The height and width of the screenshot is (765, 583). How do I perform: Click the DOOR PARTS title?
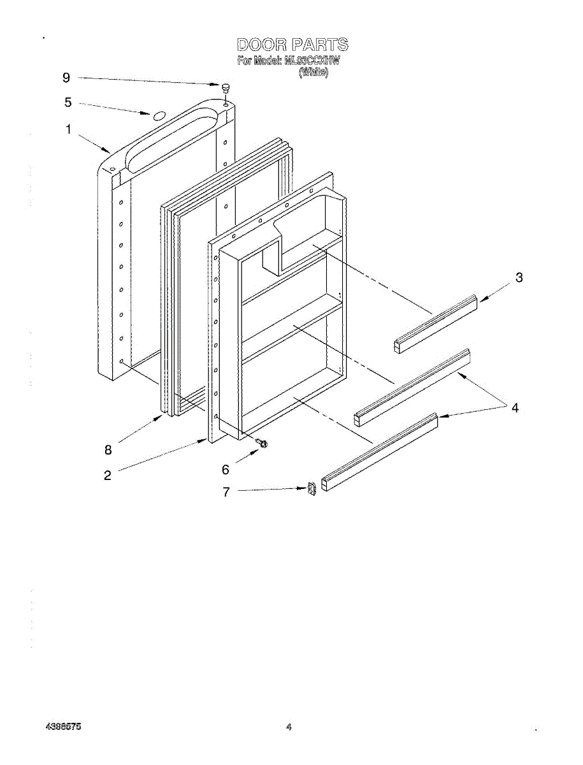(292, 45)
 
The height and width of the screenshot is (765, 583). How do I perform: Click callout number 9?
(66, 78)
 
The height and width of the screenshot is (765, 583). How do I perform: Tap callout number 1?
(68, 129)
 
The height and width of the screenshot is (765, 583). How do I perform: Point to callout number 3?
(519, 277)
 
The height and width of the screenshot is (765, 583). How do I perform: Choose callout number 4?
(515, 408)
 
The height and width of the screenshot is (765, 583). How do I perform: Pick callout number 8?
(108, 449)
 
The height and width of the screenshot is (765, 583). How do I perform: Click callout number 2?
(108, 475)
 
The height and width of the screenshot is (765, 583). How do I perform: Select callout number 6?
(225, 470)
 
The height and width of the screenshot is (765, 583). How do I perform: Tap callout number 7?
(226, 492)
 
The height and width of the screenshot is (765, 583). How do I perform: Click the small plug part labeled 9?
(226, 88)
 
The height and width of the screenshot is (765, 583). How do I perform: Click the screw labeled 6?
(261, 443)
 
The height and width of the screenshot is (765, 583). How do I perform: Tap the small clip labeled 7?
(312, 489)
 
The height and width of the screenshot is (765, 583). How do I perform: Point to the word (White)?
(313, 73)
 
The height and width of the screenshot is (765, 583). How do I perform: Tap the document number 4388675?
(63, 726)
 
